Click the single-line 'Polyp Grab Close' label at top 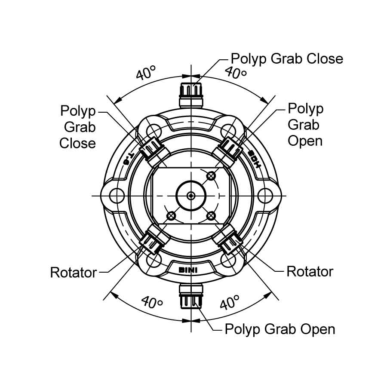[287, 58]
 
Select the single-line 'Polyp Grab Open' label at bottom [280, 329]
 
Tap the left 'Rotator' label [74, 272]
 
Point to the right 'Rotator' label [310, 271]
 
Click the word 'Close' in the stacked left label [77, 143]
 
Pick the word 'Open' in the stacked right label [305, 141]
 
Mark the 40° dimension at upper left [145, 74]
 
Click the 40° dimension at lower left [151, 303]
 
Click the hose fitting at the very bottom [191, 295]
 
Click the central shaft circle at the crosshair [191, 196]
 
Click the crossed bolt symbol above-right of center [211, 175]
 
